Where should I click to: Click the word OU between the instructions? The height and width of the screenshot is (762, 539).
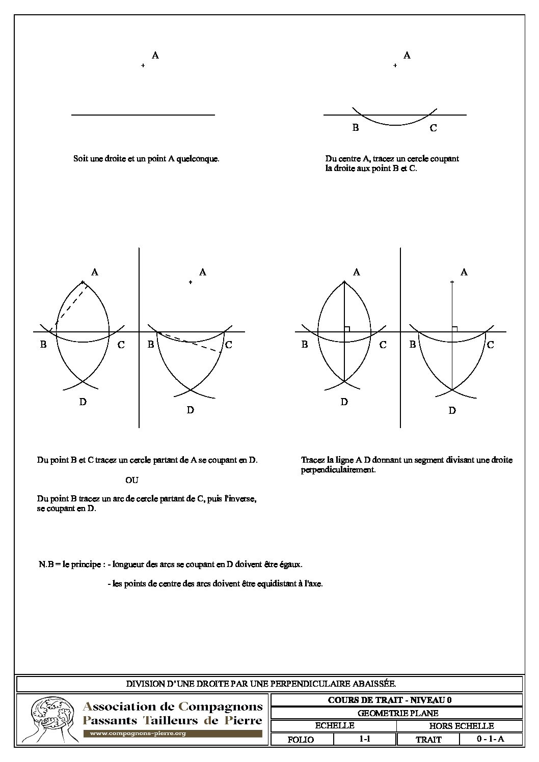(x=131, y=480)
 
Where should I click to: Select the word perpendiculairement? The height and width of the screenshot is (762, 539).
(x=338, y=470)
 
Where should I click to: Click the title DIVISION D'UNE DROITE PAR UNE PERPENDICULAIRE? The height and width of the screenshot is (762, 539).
(x=261, y=684)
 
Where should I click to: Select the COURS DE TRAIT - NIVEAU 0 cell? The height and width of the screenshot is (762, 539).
(x=396, y=700)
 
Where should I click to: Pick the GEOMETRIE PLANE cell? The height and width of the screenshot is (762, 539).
(x=396, y=713)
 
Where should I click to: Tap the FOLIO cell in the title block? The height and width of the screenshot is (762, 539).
(x=301, y=740)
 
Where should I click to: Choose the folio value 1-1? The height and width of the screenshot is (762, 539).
(x=364, y=739)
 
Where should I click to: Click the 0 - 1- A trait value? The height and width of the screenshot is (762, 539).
(x=490, y=739)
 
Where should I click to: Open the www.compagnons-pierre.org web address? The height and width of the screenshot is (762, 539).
(x=138, y=733)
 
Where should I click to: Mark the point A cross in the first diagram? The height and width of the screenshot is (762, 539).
(x=143, y=66)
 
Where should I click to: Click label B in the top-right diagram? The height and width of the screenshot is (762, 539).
(x=356, y=128)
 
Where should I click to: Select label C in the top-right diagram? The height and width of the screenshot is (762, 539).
(x=433, y=128)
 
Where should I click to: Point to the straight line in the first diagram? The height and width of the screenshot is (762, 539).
(x=143, y=115)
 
